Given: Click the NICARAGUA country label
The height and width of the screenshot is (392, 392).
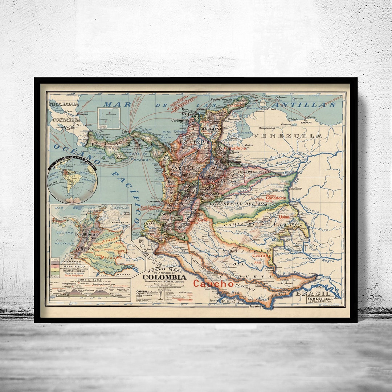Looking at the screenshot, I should (x=64, y=104).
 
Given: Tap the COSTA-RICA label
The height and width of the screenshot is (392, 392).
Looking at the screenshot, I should (x=66, y=120).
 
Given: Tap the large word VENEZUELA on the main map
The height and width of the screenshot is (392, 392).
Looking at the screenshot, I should (x=287, y=136).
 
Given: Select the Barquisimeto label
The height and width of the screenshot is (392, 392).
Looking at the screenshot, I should (x=270, y=128).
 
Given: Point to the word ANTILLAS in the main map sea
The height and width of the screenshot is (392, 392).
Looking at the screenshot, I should (x=304, y=105).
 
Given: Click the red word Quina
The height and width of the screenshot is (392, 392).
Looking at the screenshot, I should (x=284, y=217).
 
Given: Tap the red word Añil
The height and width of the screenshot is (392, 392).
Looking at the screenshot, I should (x=257, y=262).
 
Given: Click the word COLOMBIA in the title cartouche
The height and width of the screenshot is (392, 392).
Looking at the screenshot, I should (x=164, y=277).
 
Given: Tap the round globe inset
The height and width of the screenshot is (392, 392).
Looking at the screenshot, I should (x=72, y=180).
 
